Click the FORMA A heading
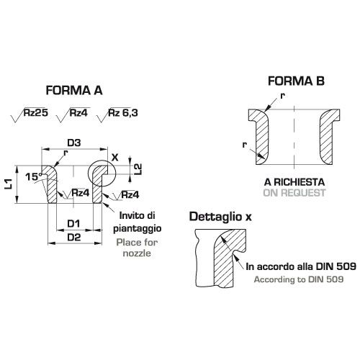tap(74, 91)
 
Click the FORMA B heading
tap(296, 81)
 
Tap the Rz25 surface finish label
tap(36, 112)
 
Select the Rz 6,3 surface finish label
tap(123, 112)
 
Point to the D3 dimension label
tap(74, 143)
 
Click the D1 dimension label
tap(73, 224)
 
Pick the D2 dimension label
tap(74, 238)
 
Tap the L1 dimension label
tap(9, 184)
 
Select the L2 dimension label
tap(138, 169)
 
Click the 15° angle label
tap(35, 177)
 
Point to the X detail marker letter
tap(115, 158)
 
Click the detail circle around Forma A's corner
tap(88, 174)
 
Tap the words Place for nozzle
tap(137, 248)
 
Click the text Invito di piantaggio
tap(138, 222)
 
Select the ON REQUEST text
tap(294, 193)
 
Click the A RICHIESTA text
tap(294, 182)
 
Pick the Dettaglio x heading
tap(220, 217)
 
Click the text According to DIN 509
tap(299, 279)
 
